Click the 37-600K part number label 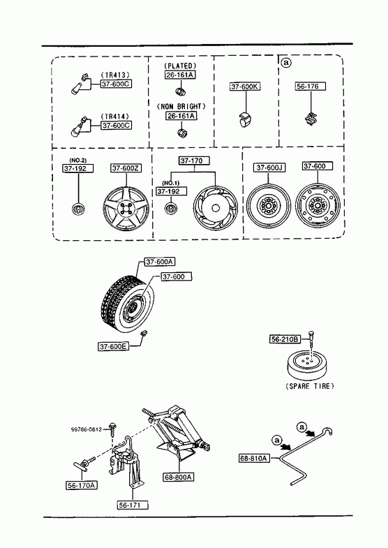click(245, 87)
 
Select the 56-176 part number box click(310, 87)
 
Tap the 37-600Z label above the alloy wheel click(126, 168)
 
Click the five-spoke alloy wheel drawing click(126, 209)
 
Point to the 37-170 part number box click(194, 161)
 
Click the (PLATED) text click(180, 66)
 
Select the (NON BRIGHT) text click(181, 106)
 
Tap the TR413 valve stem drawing click(80, 84)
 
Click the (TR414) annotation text click(115, 117)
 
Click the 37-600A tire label click(160, 262)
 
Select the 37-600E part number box click(113, 346)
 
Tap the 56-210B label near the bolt click(285, 339)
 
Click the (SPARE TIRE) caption click(310, 386)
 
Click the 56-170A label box click(82, 485)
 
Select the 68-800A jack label click(179, 477)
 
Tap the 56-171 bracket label click(133, 505)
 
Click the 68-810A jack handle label click(255, 458)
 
